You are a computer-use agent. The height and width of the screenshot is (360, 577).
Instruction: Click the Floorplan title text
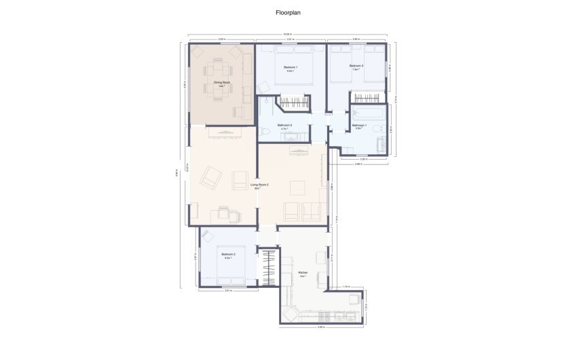tap(288, 12)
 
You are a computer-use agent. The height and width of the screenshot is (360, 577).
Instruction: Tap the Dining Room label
tap(222, 82)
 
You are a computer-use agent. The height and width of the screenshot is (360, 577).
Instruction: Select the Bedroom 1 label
tap(290, 67)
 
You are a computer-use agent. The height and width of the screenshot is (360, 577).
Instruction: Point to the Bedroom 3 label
tap(356, 65)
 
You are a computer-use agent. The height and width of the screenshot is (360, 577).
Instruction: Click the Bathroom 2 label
tap(285, 125)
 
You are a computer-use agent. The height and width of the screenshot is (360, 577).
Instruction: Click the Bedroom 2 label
tap(227, 255)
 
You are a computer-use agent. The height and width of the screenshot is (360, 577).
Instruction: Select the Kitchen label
tap(303, 272)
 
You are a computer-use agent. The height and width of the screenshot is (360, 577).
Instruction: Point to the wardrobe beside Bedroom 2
tap(269, 267)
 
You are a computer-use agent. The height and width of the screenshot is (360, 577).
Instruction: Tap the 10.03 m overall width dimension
tap(288, 34)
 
